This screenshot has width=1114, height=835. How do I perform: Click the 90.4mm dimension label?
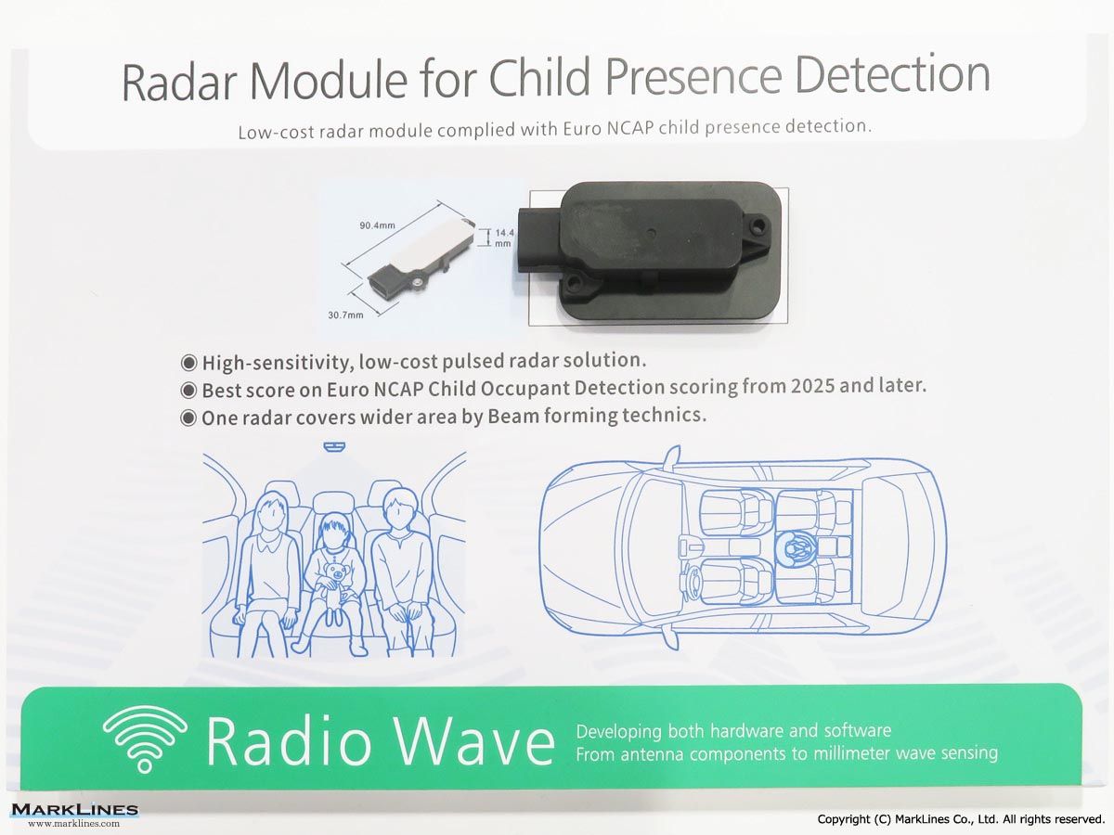[x=377, y=225]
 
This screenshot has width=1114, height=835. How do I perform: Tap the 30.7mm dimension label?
[x=345, y=315]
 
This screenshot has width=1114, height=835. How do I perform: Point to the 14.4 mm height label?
[x=504, y=238]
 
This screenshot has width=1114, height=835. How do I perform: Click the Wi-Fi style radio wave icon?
[x=145, y=739]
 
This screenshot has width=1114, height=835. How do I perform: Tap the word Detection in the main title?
[x=892, y=75]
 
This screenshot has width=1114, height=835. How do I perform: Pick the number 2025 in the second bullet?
[x=812, y=386]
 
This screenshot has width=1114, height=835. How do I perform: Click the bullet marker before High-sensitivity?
[x=188, y=363]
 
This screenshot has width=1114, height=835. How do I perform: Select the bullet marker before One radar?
[x=188, y=418]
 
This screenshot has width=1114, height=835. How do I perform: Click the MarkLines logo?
[x=74, y=815]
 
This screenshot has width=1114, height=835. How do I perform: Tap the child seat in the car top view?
[x=796, y=547]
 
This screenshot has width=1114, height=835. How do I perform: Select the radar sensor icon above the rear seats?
[x=334, y=446]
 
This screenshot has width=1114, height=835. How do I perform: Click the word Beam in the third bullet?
[x=513, y=417]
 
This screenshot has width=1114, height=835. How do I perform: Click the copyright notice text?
[x=961, y=819]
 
